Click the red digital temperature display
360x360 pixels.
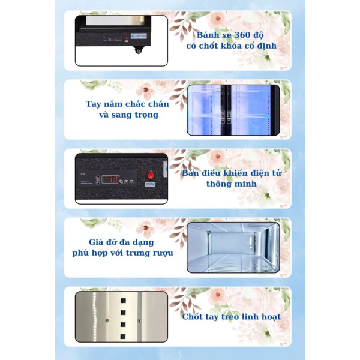[x=109, y=178]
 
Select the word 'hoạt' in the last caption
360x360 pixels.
[x=268, y=317]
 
